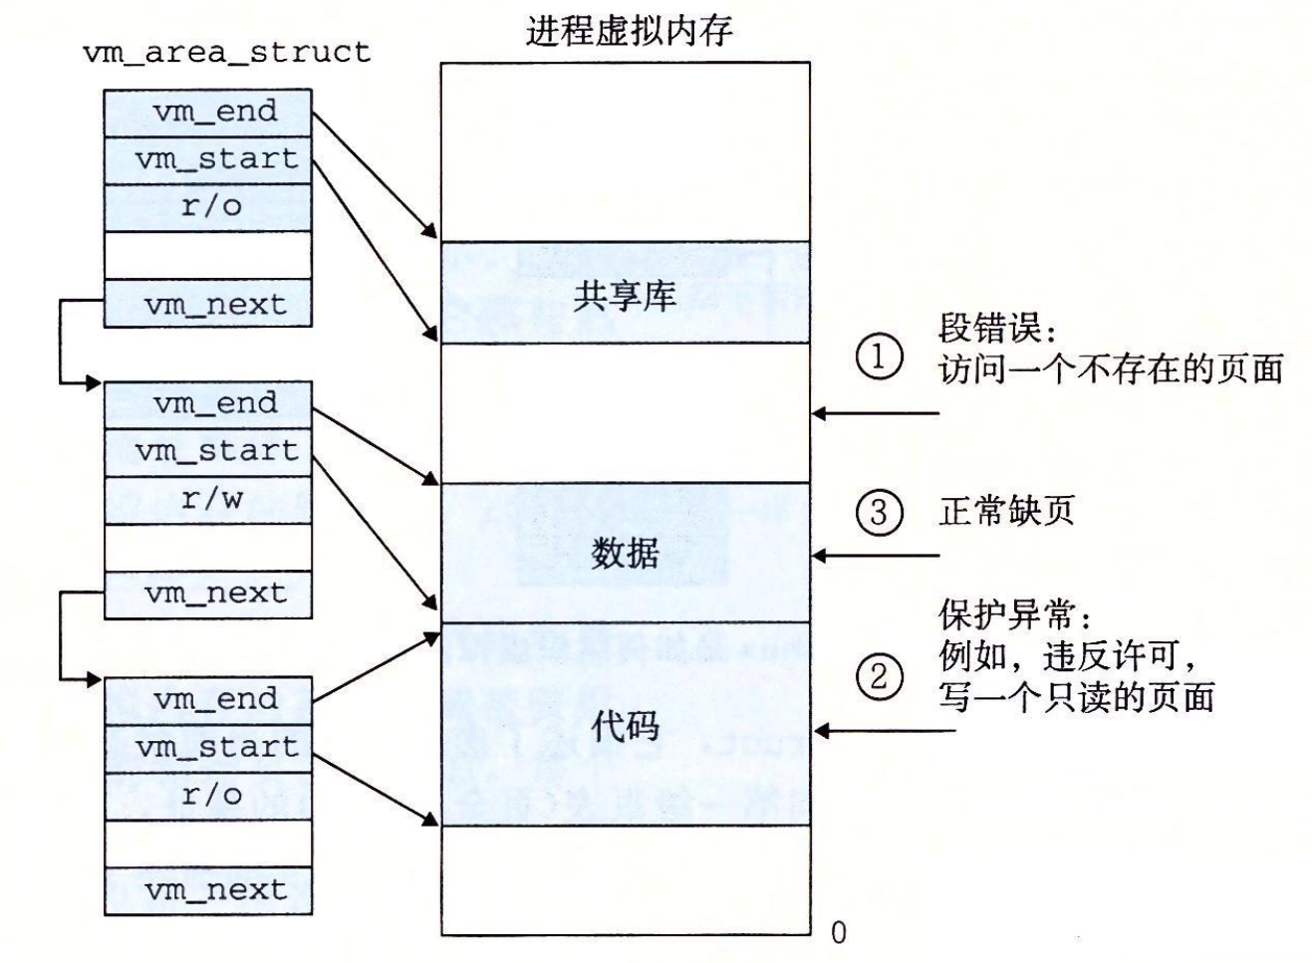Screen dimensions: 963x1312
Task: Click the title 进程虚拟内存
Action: coord(629,30)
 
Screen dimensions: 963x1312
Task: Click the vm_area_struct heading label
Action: coord(226,52)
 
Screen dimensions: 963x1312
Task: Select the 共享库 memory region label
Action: coord(625,295)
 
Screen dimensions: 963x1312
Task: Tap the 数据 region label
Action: coord(625,553)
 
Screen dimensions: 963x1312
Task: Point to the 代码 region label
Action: coord(625,726)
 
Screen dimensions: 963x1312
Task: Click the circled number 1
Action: coord(879,357)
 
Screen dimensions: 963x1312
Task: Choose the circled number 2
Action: coord(879,677)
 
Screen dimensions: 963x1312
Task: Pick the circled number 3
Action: coord(879,512)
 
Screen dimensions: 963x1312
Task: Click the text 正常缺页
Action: coord(1006,512)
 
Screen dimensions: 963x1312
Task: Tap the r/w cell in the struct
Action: coord(209,499)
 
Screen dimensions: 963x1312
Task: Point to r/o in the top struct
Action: coord(210,206)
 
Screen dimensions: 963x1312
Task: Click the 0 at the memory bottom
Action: coord(838,932)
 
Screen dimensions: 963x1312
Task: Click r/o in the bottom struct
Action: coord(210,795)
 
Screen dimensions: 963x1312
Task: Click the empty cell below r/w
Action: coord(208,547)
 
